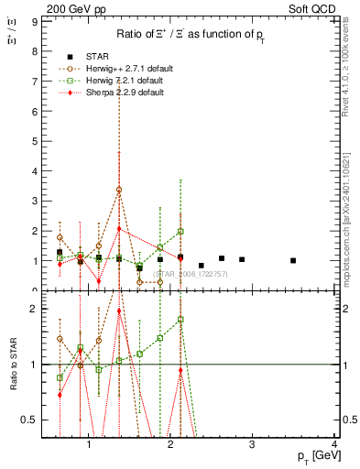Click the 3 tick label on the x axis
(252, 446)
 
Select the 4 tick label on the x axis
(334, 446)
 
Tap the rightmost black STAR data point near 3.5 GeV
(293, 260)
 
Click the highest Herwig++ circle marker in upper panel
(119, 190)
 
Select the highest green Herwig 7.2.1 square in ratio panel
(180, 320)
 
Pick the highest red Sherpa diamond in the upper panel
(119, 229)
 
